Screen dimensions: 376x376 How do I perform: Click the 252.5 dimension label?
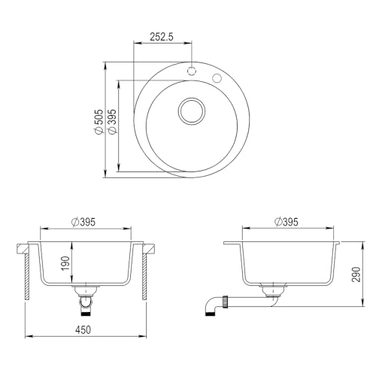pos(162,37)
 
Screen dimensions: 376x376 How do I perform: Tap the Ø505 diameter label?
pos(99,122)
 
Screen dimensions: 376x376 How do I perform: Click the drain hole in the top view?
pos(192,111)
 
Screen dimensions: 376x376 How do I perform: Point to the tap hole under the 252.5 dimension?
pos(192,71)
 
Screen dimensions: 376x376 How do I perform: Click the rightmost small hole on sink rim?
pos(217,78)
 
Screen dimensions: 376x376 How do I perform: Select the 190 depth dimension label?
pos(65,263)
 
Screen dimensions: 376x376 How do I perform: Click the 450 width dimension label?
pos(83,330)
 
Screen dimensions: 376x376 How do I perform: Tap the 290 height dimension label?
pos(356,274)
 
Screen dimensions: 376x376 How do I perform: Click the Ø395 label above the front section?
pos(83,222)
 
